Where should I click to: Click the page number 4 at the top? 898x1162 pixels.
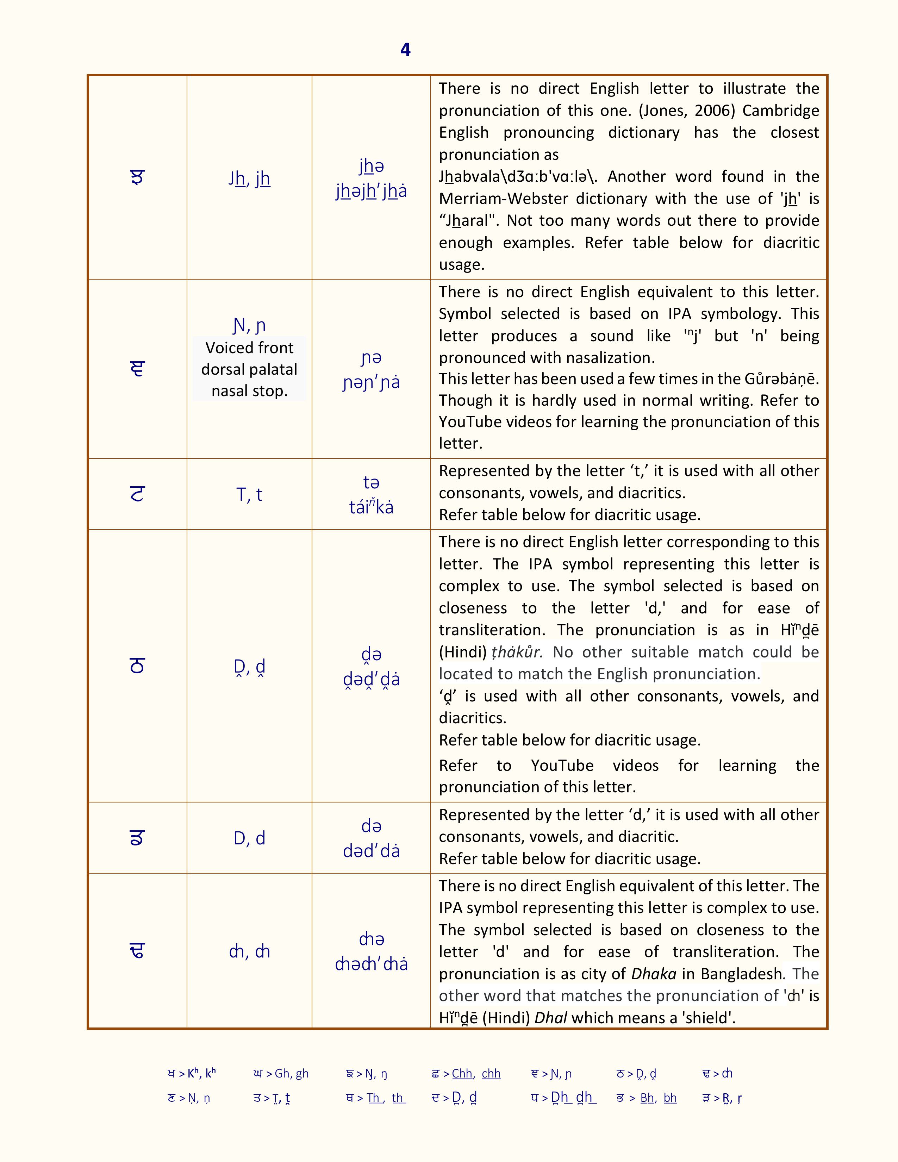click(x=405, y=50)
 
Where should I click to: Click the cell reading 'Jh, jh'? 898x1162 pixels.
click(x=250, y=179)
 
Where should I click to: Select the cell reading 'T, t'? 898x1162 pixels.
click(x=250, y=495)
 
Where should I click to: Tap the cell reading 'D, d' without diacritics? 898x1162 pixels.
click(x=250, y=838)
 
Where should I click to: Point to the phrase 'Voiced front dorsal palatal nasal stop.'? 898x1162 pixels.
click(x=250, y=369)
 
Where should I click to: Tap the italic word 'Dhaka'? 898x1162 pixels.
click(x=654, y=974)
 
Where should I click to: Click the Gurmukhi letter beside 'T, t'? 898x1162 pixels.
click(x=137, y=495)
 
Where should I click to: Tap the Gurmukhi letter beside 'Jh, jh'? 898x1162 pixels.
click(x=137, y=178)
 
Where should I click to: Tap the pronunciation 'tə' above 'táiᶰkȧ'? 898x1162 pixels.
click(x=371, y=482)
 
